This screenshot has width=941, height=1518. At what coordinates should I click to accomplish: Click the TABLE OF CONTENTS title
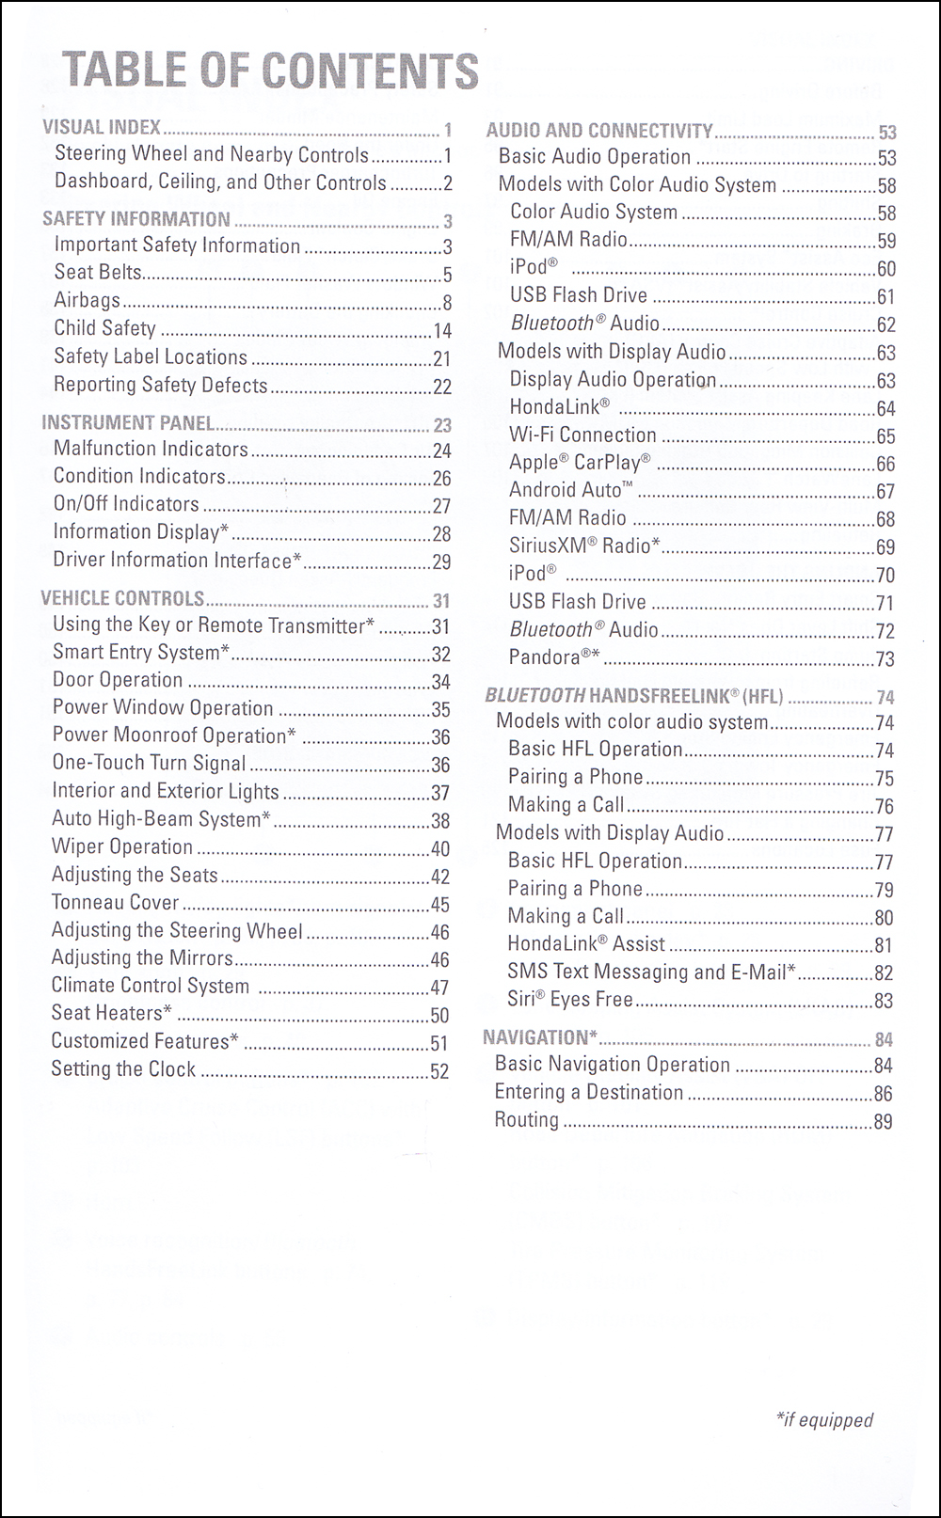270,71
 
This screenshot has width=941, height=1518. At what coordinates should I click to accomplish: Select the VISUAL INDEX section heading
102,127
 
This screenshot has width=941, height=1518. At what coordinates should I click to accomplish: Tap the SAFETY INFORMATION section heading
136,219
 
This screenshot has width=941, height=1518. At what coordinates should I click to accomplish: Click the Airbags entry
88,300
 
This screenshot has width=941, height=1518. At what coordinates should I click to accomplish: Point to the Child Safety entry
104,328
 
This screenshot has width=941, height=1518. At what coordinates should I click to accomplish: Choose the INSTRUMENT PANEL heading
128,423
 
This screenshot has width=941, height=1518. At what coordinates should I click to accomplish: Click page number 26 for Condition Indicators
441,478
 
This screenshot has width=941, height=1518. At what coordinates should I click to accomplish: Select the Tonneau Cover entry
115,903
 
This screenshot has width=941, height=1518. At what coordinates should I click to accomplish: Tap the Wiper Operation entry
122,846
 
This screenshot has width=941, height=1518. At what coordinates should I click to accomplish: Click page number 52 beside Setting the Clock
439,1071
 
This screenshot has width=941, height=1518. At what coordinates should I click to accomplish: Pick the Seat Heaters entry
111,1013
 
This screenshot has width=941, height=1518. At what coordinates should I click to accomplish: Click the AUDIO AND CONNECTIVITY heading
599,131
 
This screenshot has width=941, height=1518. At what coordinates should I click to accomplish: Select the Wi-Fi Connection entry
582,435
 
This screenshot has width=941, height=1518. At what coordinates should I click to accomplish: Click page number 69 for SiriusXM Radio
885,546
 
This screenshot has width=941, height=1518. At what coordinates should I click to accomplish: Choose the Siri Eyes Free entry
570,999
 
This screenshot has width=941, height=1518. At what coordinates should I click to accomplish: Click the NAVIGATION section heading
540,1037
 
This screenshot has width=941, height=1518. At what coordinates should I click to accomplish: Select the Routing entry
527,1119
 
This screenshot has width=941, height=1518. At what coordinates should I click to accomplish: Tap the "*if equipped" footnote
824,1420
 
